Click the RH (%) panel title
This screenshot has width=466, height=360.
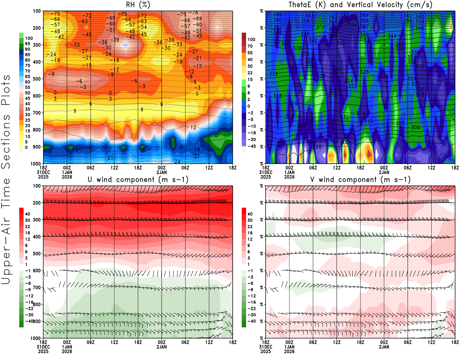[138, 5]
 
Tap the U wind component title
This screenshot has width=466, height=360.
[138, 179]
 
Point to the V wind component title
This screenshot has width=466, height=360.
[360, 179]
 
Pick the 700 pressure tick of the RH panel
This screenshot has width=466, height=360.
[37, 113]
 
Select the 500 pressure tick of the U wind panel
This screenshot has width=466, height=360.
[37, 254]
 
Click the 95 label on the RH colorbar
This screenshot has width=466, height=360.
[27, 44]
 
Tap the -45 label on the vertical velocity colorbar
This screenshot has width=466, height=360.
[251, 146]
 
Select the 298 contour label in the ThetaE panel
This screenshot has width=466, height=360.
[317, 147]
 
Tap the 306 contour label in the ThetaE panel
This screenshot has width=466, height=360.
[416, 127]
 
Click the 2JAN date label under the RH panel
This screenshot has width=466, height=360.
[162, 172]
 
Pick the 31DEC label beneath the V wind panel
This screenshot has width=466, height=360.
[266, 347]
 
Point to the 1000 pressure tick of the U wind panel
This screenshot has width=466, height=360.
[36, 338]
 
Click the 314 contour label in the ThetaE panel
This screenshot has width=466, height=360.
[360, 113]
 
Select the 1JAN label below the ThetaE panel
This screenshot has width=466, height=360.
[289, 172]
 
